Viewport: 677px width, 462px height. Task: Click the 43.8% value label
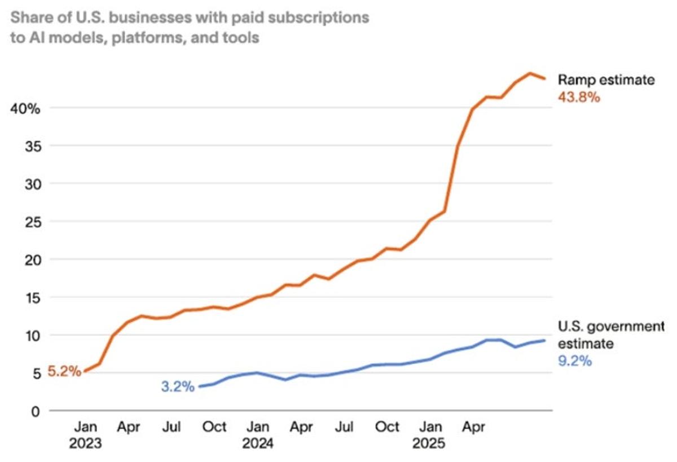[579, 97]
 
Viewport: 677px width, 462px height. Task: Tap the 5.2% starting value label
[64, 372]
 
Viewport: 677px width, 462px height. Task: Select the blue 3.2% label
[177, 387]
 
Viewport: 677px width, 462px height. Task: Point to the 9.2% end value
[575, 360]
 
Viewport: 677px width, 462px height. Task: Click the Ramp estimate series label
[606, 80]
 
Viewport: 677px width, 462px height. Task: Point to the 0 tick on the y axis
[36, 411]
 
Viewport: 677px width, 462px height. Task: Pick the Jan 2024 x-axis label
[258, 435]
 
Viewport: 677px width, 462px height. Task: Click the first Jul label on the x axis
[172, 427]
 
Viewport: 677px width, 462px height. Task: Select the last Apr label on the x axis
[475, 427]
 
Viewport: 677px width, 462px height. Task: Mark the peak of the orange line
[530, 73]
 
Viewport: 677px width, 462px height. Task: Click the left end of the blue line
[199, 387]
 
